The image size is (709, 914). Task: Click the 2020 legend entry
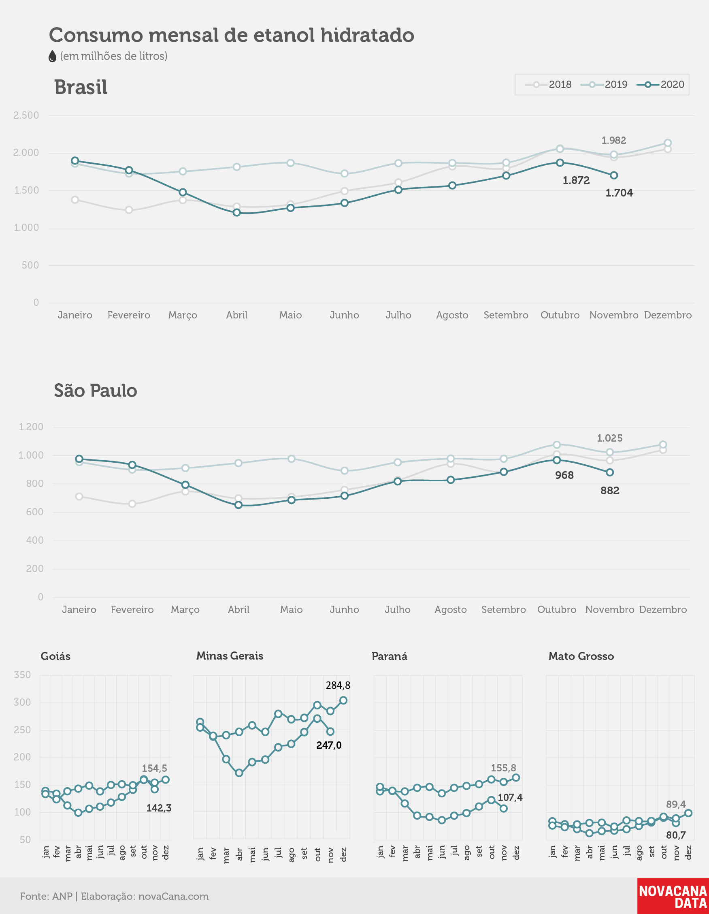(x=660, y=85)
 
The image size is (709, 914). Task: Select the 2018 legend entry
(x=548, y=85)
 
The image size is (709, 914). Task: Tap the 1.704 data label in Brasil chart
(x=619, y=193)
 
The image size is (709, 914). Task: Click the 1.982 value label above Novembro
(x=613, y=140)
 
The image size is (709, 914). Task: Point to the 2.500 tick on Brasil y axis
(x=26, y=115)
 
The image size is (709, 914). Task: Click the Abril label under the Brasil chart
(x=237, y=315)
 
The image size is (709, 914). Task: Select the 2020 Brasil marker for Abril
(x=237, y=213)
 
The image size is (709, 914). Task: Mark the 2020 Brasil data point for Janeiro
(x=75, y=161)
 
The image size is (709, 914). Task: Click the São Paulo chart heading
(x=96, y=391)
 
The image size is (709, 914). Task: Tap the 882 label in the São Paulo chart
(x=610, y=491)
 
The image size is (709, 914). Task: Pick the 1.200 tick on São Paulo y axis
(x=31, y=427)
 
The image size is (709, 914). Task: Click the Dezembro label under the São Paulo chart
(x=663, y=610)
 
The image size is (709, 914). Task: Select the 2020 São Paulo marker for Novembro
(x=610, y=472)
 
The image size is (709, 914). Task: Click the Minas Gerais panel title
(x=230, y=656)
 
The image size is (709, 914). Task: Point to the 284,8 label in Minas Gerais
(x=338, y=685)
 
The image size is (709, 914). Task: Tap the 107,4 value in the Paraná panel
(x=510, y=797)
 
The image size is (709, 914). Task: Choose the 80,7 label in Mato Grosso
(x=676, y=835)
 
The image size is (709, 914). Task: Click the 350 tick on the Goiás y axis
(x=22, y=675)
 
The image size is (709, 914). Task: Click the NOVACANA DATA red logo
(x=673, y=896)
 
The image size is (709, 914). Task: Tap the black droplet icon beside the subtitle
(x=52, y=56)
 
